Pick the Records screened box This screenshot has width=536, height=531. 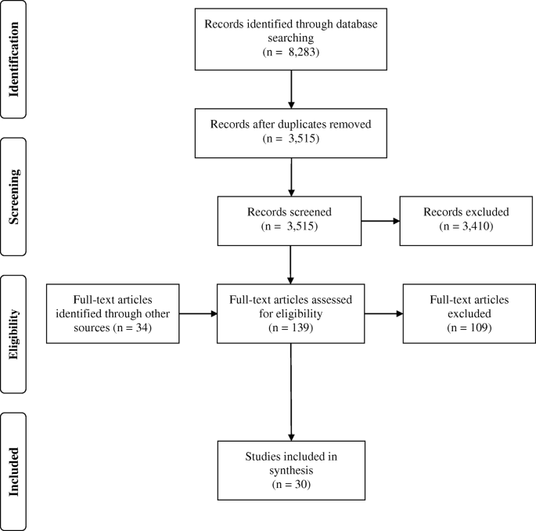point(291,219)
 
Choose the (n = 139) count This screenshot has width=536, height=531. point(291,330)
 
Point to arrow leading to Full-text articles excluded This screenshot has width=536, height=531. point(383,316)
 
